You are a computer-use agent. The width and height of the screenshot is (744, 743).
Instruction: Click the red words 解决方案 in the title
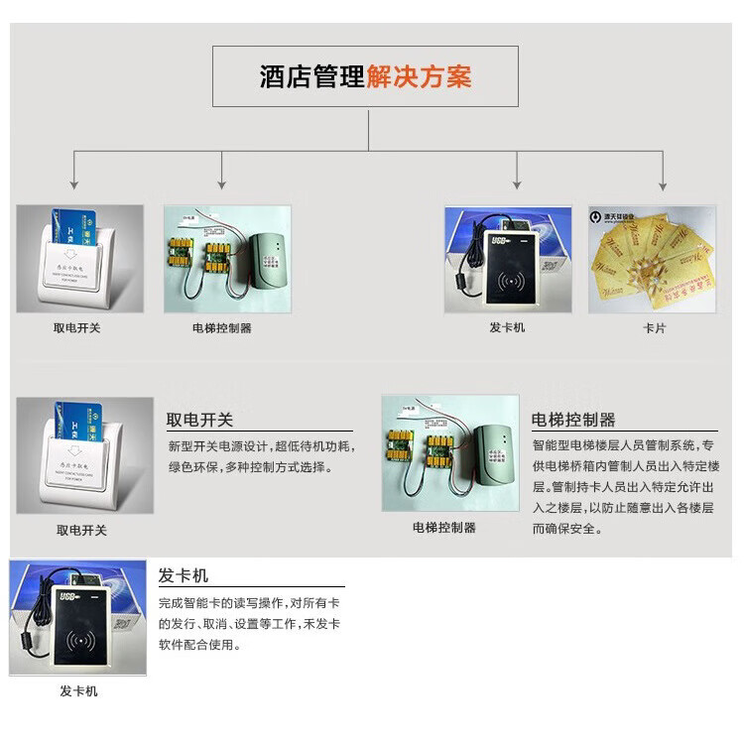[x=419, y=77]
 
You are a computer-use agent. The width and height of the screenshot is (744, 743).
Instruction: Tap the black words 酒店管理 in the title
[x=312, y=77]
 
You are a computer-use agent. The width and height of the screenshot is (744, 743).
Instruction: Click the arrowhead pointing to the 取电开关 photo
[x=74, y=184]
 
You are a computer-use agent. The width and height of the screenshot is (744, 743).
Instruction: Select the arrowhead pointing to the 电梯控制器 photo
[x=222, y=184]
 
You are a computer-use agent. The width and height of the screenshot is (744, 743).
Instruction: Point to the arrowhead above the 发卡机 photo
[x=517, y=184]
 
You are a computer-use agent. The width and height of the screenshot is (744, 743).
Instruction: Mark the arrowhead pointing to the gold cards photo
[x=663, y=184]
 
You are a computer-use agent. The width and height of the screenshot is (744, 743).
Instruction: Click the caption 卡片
[x=655, y=328]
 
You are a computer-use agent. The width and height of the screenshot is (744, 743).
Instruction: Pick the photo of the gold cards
[x=652, y=260]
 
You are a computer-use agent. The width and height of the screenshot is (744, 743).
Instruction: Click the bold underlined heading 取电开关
[x=199, y=421]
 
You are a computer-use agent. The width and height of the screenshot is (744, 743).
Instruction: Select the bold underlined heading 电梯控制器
[x=573, y=420]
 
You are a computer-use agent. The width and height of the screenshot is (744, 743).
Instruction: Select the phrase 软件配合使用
[x=199, y=645]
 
